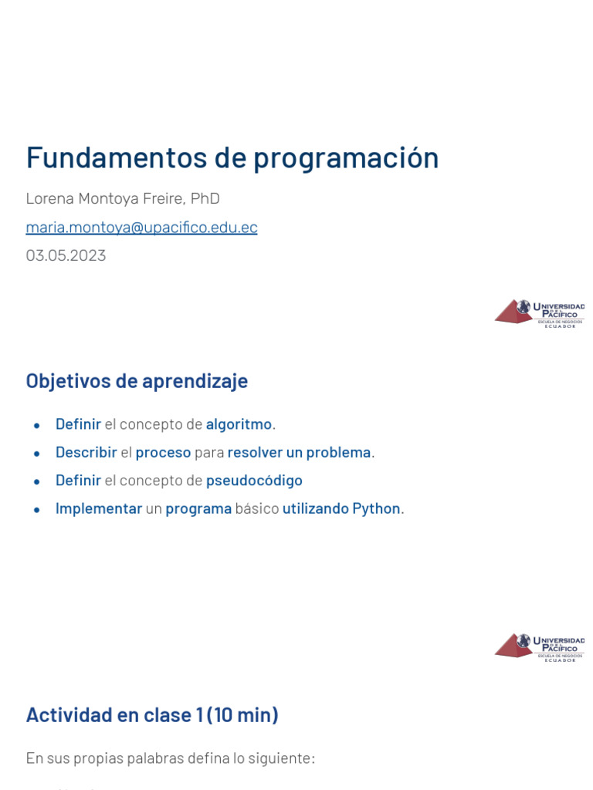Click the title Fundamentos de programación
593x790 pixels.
point(232,158)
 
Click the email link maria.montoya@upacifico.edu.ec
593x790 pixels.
point(141,228)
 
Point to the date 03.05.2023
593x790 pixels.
point(66,255)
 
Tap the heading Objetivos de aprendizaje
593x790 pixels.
point(137,381)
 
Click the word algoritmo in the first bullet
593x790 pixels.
point(239,424)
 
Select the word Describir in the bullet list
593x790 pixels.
point(86,452)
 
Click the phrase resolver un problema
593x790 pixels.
point(299,452)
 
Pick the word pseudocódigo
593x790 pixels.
point(254,481)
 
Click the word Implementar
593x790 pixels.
point(99,508)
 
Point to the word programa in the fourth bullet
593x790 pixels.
point(198,508)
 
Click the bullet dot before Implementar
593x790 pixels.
point(37,509)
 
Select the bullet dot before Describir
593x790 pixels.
point(37,453)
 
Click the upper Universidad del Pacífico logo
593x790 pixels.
point(539,312)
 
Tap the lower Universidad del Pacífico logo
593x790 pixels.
point(539,647)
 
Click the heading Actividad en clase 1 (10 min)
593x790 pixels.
point(152,715)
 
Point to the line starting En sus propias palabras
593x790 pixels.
point(170,758)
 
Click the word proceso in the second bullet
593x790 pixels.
point(163,452)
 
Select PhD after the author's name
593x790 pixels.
point(205,199)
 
